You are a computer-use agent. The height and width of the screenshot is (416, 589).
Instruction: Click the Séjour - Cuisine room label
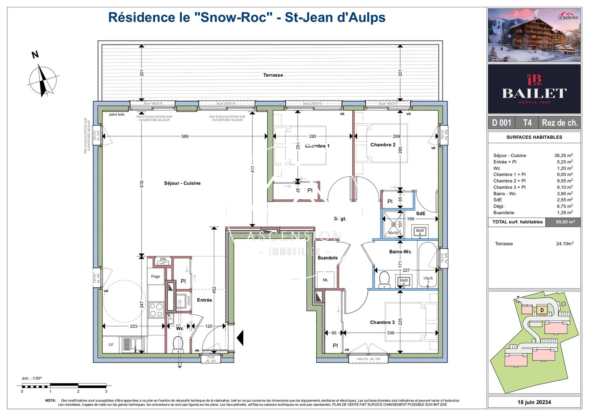pyautogui.click(x=182, y=183)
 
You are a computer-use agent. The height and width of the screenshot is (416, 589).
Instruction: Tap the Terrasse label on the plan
pyautogui.click(x=273, y=75)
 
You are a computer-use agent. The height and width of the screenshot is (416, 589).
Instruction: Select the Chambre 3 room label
pyautogui.click(x=382, y=322)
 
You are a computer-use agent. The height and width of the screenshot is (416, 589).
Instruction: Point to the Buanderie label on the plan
pyautogui.click(x=328, y=258)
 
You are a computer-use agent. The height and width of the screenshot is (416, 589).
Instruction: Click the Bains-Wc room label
pyautogui.click(x=400, y=252)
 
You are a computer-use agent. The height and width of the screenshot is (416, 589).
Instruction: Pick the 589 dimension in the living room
pyautogui.click(x=185, y=136)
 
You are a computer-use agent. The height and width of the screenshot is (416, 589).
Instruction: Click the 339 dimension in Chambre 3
pyautogui.click(x=390, y=333)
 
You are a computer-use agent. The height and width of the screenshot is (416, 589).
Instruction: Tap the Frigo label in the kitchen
pyautogui.click(x=155, y=276)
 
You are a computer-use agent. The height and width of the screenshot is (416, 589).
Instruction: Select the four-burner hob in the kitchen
pyautogui.click(x=156, y=310)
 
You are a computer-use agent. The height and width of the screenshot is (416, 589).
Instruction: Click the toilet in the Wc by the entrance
pyautogui.click(x=178, y=344)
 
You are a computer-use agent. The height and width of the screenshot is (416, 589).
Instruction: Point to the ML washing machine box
pyautogui.click(x=326, y=280)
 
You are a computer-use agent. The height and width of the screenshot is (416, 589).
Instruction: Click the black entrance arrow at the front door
pyautogui.click(x=240, y=338)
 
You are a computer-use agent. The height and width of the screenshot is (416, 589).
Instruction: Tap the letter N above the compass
pyautogui.click(x=35, y=55)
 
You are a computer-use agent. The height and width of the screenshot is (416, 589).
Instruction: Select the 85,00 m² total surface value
pyautogui.click(x=565, y=222)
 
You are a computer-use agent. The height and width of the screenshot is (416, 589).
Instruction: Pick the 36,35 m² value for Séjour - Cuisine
pyautogui.click(x=563, y=156)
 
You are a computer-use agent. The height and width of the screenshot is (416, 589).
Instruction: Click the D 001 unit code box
pyautogui.click(x=501, y=123)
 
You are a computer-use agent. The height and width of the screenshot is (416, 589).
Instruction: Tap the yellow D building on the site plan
pyautogui.click(x=542, y=310)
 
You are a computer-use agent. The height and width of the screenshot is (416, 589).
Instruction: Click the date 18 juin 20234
pyautogui.click(x=534, y=402)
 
